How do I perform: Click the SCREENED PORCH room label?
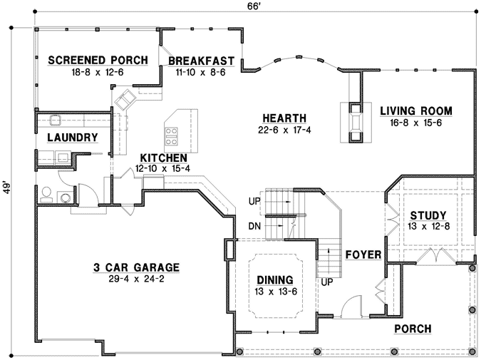pos(98,61)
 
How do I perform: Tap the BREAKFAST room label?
pos(202,61)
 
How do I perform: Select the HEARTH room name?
pos(284,118)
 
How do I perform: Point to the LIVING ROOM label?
pos(416,110)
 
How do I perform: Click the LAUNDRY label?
pos(72,137)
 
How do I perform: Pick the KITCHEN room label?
pos(163,158)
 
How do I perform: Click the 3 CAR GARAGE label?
pos(135,267)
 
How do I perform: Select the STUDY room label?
pos(428,215)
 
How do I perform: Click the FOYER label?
pos(363,254)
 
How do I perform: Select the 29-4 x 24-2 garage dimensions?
pos(135,279)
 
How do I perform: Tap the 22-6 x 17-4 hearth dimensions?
pos(284,130)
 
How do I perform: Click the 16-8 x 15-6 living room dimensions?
pos(416,122)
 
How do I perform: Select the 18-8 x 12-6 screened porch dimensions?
pos(98,73)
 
